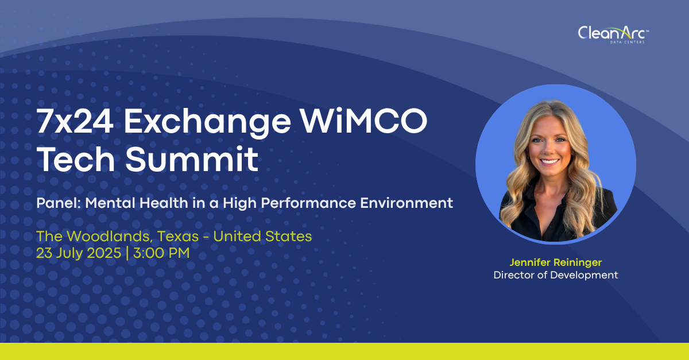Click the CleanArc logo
613,34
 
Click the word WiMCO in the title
364,121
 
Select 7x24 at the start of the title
75,121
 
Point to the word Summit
192,159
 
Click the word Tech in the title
76,159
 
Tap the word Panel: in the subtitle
59,203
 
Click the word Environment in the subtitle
407,203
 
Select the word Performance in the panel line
308,203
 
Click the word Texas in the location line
178,237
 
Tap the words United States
262,237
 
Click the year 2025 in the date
104,253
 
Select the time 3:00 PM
161,253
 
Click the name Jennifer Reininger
556,262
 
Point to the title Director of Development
556,275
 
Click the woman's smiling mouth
549,161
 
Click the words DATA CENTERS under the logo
627,42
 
